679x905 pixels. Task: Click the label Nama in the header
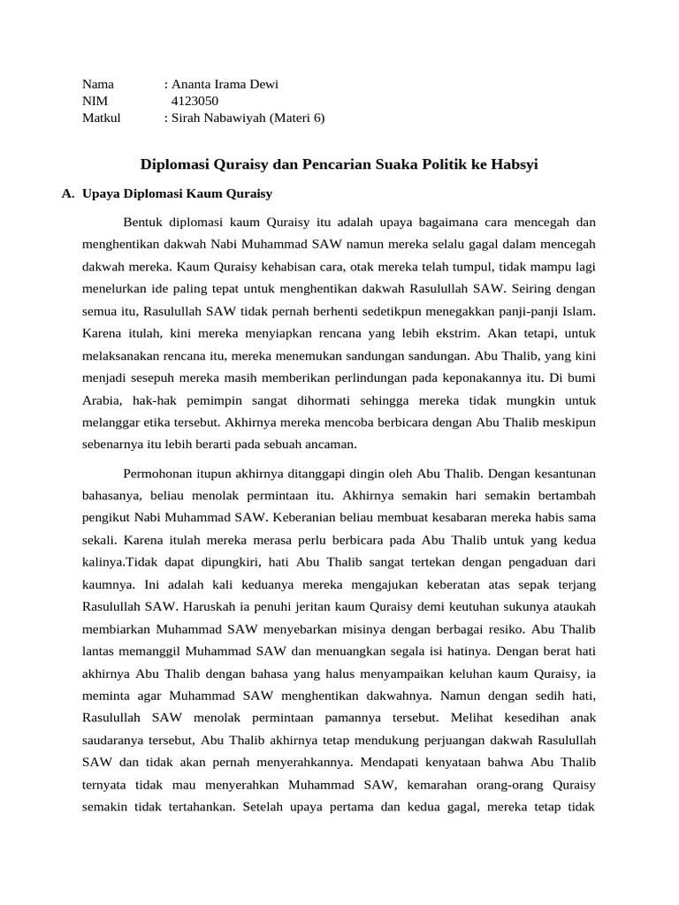pyautogui.click(x=98, y=85)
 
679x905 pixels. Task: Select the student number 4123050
pyautogui.click(x=195, y=101)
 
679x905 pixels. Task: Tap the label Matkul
pyautogui.click(x=102, y=118)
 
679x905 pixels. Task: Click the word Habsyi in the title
pyautogui.click(x=515, y=164)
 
